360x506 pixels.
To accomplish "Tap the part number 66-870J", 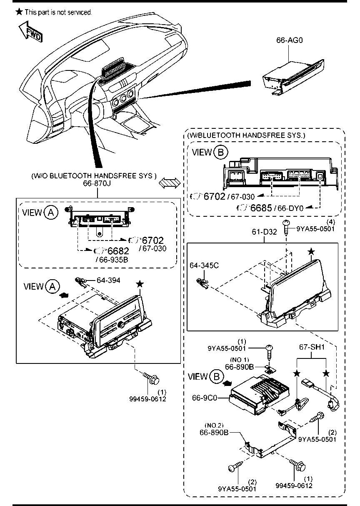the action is tap(97, 183).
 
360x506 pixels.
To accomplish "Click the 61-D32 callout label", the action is tap(264, 232).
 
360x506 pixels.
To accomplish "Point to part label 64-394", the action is tap(108, 281).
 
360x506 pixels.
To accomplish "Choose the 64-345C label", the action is tap(204, 266).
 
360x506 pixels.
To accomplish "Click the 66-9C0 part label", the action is tap(205, 404).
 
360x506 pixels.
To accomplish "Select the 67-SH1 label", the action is tap(312, 353).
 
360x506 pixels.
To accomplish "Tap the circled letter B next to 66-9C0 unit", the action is tap(216, 376).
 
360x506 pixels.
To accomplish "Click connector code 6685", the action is tap(261, 208).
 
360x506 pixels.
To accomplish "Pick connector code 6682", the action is tap(118, 251).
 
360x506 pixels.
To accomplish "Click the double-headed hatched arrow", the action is tap(170, 182).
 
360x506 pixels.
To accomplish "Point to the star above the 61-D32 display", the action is tap(311, 251).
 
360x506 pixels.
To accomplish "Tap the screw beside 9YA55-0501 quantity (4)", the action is tap(286, 228).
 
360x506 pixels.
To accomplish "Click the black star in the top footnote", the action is tap(19, 12).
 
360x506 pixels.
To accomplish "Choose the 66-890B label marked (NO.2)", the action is tap(214, 432).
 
